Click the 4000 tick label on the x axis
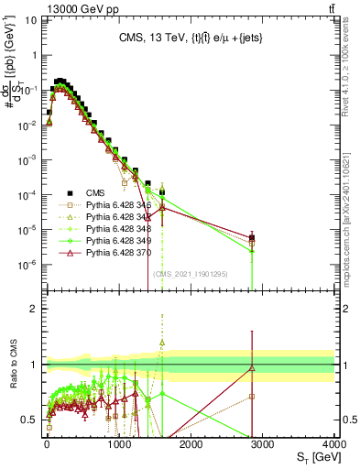click(333, 445)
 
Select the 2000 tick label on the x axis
click(190, 445)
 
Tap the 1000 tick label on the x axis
click(118, 445)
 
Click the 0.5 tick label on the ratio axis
click(29, 420)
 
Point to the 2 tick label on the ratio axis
click(34, 309)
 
